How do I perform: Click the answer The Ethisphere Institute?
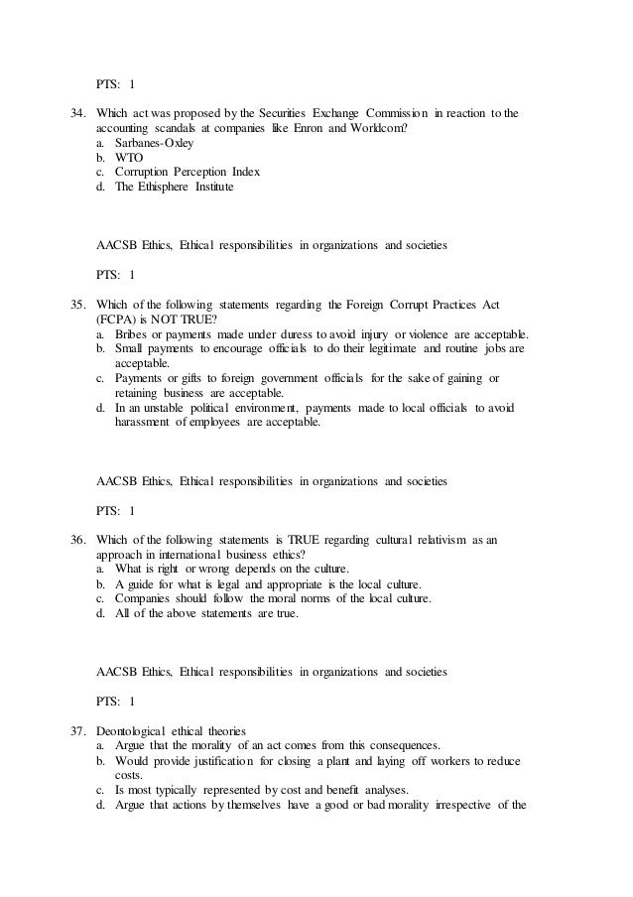pos(174,188)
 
